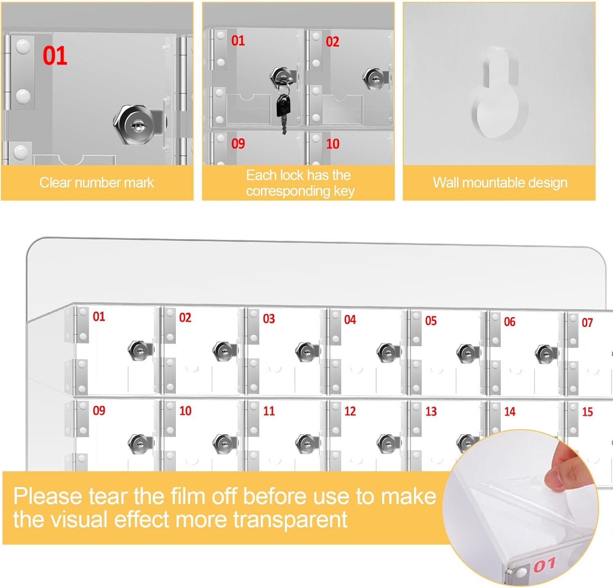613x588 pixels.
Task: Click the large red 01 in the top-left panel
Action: (x=55, y=56)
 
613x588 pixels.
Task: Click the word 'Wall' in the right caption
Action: (x=446, y=182)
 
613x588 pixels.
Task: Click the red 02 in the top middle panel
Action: (x=332, y=42)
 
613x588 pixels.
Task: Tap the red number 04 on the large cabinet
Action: (x=350, y=320)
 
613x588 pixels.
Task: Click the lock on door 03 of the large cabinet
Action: (x=306, y=352)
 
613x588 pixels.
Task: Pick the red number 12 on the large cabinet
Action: (x=350, y=411)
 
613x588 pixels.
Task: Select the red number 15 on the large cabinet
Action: (x=587, y=412)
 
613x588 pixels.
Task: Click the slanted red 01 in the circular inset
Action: (x=544, y=565)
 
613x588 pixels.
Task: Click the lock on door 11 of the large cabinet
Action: (x=306, y=444)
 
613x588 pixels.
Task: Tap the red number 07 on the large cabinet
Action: (x=587, y=323)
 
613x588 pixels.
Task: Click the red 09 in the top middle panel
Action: (x=238, y=143)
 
